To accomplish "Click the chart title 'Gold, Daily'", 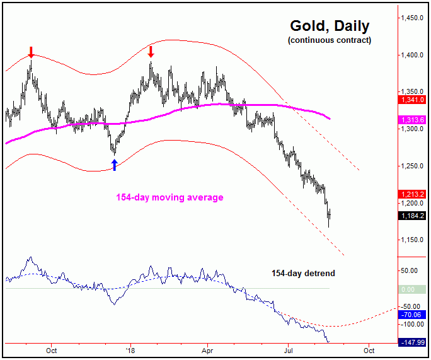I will [330, 26].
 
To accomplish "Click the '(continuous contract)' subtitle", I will [330, 40].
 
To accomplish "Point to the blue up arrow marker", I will [114, 165].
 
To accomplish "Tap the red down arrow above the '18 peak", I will [151, 50].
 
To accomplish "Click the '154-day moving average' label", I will [170, 197].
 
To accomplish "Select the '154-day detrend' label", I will [303, 274].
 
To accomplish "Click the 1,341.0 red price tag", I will [413, 99].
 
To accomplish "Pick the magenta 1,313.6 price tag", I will [413, 120].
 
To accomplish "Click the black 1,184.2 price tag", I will [413, 216].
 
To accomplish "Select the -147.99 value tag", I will [413, 342].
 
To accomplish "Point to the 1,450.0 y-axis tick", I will [414, 18].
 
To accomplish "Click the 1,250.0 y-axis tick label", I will [414, 166].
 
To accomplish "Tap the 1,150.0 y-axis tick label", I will [414, 240].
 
